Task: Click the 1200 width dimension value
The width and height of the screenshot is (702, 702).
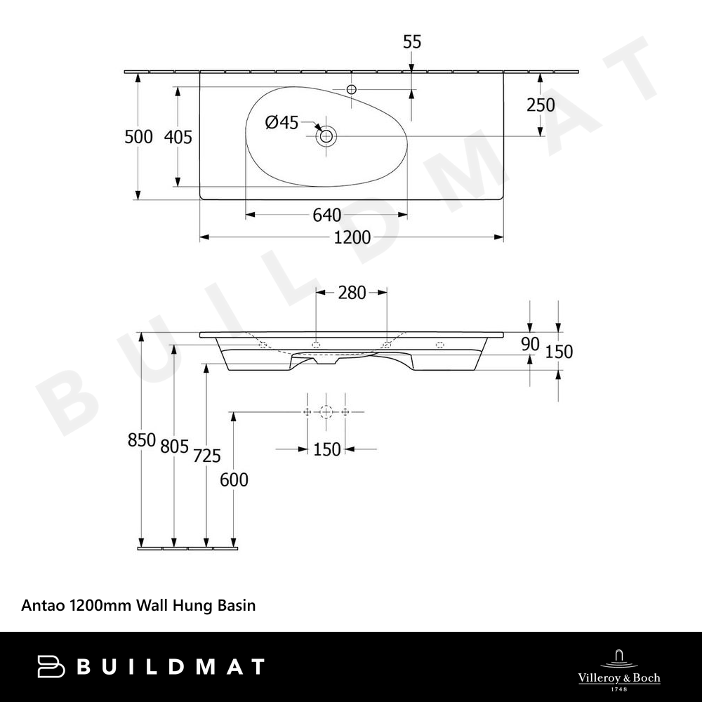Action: pos(352,237)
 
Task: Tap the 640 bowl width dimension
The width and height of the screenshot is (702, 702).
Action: pos(327,216)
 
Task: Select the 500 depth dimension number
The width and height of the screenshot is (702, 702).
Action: pos(139,137)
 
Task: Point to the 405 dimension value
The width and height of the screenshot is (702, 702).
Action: pos(178,137)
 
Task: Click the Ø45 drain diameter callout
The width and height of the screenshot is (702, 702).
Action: pos(282,122)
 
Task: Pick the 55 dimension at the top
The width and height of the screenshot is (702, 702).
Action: pos(412,42)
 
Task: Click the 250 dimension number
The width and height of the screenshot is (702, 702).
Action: pos(541,105)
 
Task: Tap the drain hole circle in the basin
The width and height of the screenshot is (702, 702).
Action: pos(326,135)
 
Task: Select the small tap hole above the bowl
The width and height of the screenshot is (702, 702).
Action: pos(352,89)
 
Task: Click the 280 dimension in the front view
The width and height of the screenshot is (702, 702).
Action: pos(352,293)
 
